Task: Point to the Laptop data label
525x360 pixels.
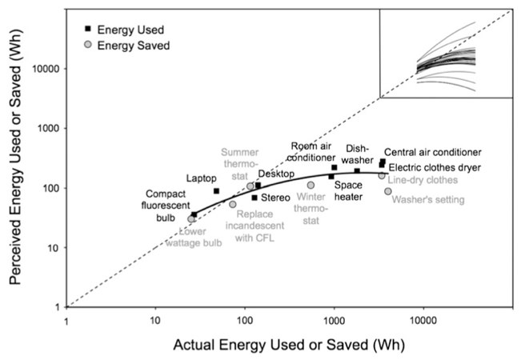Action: (x=202, y=178)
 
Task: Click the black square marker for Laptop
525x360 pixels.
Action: (x=216, y=191)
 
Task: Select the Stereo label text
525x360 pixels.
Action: (x=275, y=197)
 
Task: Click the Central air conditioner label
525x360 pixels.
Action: (x=432, y=152)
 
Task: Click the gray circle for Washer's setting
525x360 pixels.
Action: (x=388, y=191)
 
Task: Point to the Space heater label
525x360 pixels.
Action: (x=349, y=190)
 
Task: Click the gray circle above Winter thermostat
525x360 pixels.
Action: (x=311, y=185)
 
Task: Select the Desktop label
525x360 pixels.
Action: (x=277, y=174)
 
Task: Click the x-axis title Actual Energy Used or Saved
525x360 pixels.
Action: (x=287, y=346)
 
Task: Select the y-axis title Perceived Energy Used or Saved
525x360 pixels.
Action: (x=15, y=156)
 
